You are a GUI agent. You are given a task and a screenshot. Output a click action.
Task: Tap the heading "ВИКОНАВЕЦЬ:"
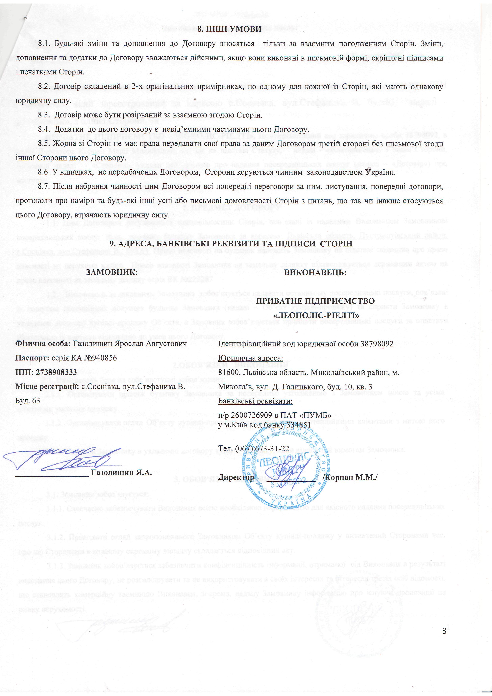pyautogui.click(x=315, y=272)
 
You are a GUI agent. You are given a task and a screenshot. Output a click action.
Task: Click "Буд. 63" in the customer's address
pyautogui.click(x=28, y=401)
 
